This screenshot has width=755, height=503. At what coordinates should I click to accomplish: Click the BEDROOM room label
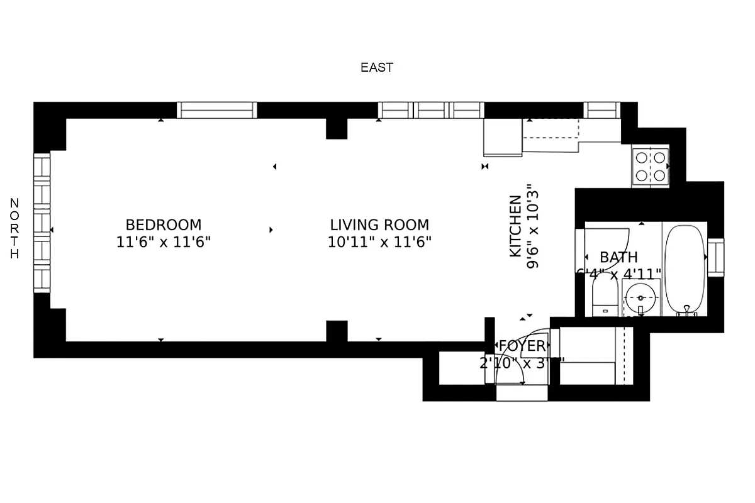(164, 224)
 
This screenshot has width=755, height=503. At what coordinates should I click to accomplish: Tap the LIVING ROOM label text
(379, 224)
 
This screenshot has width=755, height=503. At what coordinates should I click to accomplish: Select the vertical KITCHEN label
(515, 226)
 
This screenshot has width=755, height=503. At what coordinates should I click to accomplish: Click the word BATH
(618, 257)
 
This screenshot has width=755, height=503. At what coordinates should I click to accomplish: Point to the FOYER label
(522, 346)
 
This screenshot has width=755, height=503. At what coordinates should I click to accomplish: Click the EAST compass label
(377, 67)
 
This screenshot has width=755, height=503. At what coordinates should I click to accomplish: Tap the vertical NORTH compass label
(14, 228)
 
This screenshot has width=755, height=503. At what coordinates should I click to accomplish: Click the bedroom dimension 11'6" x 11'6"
(164, 241)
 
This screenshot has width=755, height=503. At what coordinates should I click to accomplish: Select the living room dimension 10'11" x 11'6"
(379, 241)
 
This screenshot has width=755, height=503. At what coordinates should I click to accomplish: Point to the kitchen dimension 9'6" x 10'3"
(534, 226)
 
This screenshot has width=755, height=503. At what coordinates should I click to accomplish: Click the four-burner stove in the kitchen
(651, 167)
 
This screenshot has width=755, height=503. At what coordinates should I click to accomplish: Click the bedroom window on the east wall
(216, 110)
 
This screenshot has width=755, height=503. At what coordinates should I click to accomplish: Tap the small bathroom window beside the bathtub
(716, 257)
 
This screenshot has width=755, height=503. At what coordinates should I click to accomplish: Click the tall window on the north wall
(42, 223)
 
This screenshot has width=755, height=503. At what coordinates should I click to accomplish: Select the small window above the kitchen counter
(601, 110)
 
